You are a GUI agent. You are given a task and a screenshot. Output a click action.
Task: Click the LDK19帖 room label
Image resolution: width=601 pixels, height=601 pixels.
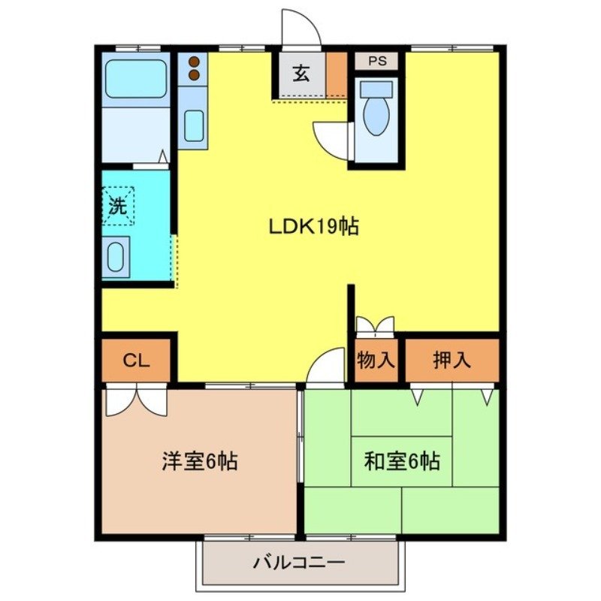(314, 225)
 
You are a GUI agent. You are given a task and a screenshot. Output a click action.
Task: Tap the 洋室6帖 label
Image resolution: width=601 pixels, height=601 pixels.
(200, 461)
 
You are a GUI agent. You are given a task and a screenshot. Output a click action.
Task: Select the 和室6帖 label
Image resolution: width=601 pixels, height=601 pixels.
(402, 461)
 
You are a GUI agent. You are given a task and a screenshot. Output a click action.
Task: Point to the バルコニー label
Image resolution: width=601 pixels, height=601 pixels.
(298, 562)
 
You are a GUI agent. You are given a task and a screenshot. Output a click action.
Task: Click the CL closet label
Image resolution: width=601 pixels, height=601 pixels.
(137, 361)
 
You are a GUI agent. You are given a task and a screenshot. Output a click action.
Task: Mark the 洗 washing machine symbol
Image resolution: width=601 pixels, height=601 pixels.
(118, 205)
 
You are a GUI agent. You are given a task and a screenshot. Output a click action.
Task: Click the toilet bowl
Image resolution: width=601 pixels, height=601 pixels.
(376, 113)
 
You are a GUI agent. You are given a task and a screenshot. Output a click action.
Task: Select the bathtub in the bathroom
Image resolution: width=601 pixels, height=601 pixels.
(136, 78)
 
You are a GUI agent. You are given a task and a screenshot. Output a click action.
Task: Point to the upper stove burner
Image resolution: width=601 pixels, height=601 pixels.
(193, 62)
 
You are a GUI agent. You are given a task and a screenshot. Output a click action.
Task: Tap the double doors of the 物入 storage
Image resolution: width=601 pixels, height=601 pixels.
(375, 325)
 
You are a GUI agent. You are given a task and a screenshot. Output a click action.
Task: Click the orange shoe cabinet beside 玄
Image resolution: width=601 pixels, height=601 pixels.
(337, 74)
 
